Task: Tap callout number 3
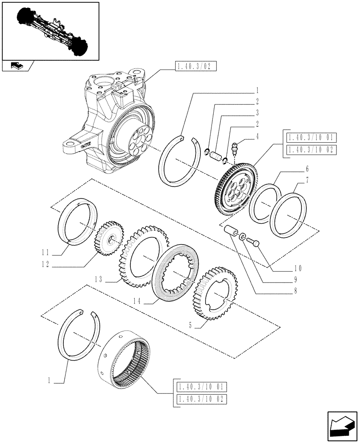257,113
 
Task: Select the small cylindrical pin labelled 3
216,156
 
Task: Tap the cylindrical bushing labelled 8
230,232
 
